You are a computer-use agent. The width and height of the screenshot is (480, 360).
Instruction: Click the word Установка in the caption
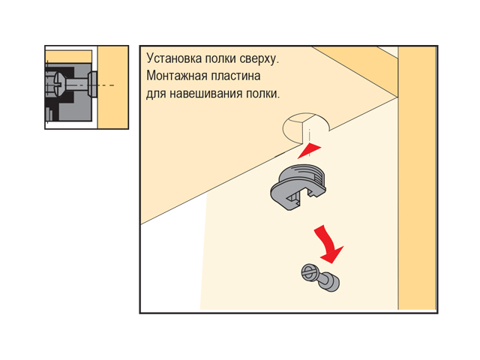click(x=174, y=58)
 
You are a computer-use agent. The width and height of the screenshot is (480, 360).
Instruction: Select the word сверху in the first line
click(x=259, y=58)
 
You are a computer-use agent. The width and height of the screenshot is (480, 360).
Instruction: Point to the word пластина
click(x=235, y=76)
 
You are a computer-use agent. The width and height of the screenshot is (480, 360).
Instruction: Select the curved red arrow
click(x=328, y=244)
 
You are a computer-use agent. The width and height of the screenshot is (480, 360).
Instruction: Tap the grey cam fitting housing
click(x=298, y=187)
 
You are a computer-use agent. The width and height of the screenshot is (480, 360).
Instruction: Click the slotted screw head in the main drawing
click(x=309, y=273)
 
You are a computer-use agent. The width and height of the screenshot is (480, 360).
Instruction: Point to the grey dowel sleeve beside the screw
click(x=330, y=282)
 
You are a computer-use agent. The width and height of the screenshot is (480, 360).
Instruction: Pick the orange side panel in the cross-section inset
click(x=112, y=87)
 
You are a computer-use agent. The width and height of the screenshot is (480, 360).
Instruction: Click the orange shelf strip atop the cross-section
click(x=68, y=57)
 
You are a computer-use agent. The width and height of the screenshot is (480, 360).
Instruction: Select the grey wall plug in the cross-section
click(x=92, y=85)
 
